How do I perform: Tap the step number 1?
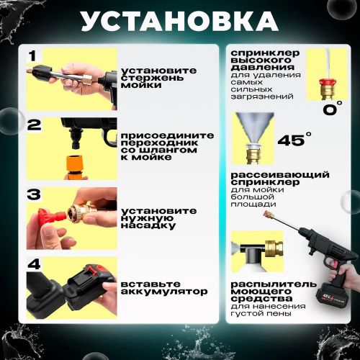point(32,56)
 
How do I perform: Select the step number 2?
point(34,125)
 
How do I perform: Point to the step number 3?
point(34,194)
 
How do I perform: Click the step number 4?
point(34,264)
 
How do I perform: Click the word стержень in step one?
point(152,78)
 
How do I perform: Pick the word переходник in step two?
point(159,143)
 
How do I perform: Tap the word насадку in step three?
point(148,225)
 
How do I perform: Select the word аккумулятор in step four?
point(164,292)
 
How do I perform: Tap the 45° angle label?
point(294,139)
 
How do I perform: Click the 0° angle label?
point(333,108)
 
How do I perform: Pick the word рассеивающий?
point(280,174)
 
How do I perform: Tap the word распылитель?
point(274,284)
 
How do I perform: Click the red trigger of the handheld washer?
point(333,264)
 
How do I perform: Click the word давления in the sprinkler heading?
point(263,67)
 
